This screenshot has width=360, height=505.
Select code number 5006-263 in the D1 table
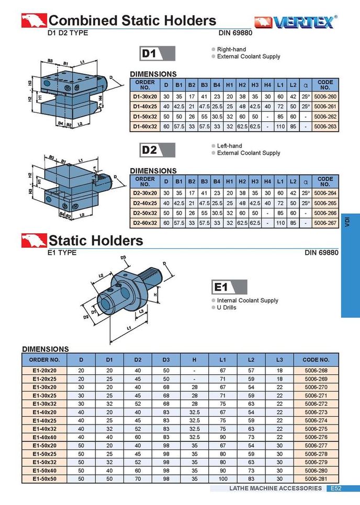tap(325, 126)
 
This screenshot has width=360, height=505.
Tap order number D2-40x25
tap(145, 203)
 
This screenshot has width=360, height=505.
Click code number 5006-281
tap(316, 478)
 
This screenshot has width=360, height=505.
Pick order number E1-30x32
tap(44, 404)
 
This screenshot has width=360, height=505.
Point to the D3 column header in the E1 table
tap(166, 360)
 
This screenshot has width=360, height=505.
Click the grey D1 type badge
tap(157, 53)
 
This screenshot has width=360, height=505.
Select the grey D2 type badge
tap(157, 150)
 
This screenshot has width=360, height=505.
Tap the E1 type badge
tap(229, 287)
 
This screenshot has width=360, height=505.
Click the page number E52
tap(335, 489)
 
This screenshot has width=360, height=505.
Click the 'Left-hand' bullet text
tap(230, 146)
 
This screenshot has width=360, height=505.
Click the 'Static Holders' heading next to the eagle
tap(96, 240)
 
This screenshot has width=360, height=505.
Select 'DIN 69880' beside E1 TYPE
tap(321, 253)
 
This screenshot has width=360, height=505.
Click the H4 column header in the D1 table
tap(267, 85)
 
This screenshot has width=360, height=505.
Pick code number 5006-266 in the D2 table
tap(325, 213)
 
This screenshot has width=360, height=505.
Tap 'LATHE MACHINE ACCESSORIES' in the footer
tap(275, 489)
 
